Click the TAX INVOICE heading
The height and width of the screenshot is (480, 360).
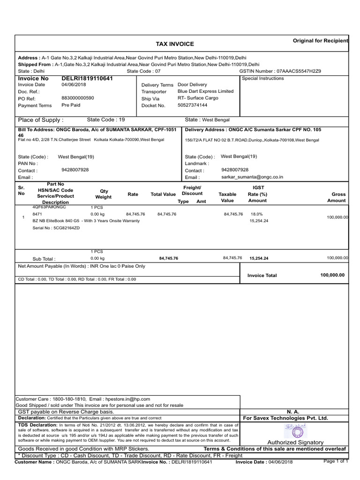174,44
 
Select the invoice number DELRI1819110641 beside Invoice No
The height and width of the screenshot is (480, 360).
87,78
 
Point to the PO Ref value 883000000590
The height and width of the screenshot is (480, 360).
78,98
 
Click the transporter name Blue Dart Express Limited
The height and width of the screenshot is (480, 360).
205,91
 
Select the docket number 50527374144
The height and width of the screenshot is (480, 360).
192,105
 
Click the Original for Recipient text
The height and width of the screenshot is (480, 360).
320,41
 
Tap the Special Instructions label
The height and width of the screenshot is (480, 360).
263,78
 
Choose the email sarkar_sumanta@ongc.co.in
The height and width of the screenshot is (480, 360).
252,178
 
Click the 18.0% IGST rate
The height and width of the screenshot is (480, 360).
256,214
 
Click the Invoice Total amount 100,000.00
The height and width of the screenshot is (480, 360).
332,275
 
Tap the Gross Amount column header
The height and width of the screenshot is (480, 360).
338,197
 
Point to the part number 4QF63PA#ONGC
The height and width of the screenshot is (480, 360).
49,207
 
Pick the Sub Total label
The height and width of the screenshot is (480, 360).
44,259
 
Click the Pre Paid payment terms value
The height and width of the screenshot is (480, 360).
71,105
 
